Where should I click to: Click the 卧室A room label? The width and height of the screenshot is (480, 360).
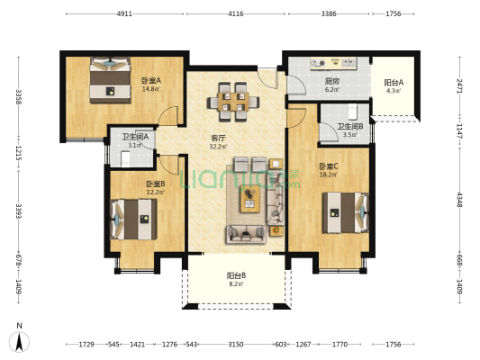[150, 81]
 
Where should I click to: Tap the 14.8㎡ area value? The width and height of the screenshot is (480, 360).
[150, 89]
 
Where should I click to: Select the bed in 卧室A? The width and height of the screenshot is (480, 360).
[110, 80]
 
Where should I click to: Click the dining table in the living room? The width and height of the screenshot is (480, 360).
[233, 102]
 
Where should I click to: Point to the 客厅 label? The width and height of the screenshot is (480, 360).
[218, 138]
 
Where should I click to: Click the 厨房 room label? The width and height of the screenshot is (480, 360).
[332, 81]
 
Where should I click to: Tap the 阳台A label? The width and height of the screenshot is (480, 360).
[394, 83]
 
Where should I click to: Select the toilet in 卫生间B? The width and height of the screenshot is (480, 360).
[353, 112]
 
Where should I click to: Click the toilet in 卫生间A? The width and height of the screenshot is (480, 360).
[125, 159]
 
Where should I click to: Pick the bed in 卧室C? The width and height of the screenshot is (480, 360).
[345, 212]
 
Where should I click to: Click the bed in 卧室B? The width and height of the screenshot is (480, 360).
[133, 220]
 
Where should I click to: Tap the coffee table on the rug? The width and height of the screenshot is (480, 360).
[250, 199]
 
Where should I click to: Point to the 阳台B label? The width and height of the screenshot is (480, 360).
[236, 275]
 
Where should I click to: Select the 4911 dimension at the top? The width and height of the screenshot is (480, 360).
[124, 13]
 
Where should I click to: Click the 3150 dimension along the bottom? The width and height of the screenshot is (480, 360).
[236, 345]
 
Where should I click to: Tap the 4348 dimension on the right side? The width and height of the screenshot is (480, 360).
[459, 200]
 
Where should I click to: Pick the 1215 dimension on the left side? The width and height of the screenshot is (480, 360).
[19, 153]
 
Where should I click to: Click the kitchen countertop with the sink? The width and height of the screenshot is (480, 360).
[334, 63]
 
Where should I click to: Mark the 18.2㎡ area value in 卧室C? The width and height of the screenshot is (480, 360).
[329, 175]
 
